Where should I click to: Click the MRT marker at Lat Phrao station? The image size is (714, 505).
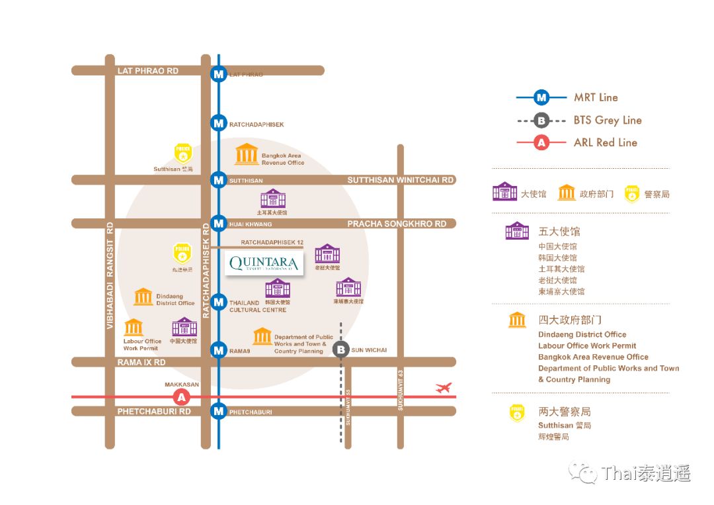[x=218, y=74]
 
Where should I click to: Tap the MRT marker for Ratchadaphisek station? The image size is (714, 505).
[x=218, y=123]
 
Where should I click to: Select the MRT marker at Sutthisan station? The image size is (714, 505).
[x=218, y=179]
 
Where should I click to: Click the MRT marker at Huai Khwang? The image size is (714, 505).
[x=218, y=224]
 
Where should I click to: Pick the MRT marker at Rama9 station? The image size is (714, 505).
[x=218, y=350]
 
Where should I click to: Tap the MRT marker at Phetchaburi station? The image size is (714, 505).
[x=218, y=411]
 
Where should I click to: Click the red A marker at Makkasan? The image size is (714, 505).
[x=181, y=397]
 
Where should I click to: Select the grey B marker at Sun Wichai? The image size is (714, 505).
[x=340, y=350]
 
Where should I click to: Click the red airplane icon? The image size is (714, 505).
[x=443, y=388]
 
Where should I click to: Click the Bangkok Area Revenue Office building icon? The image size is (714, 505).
[x=247, y=154]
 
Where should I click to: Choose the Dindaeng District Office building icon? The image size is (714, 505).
[x=143, y=297]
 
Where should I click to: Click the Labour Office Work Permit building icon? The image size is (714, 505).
[x=134, y=328]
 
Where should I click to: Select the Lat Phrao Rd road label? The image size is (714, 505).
[x=147, y=70]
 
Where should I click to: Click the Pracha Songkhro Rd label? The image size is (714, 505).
[x=397, y=224]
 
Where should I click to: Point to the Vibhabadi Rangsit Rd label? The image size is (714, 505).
[x=110, y=275]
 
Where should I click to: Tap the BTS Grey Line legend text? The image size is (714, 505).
[x=608, y=120]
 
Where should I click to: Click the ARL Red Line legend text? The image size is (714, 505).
[x=605, y=142]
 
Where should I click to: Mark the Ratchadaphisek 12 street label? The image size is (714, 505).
[x=272, y=243]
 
